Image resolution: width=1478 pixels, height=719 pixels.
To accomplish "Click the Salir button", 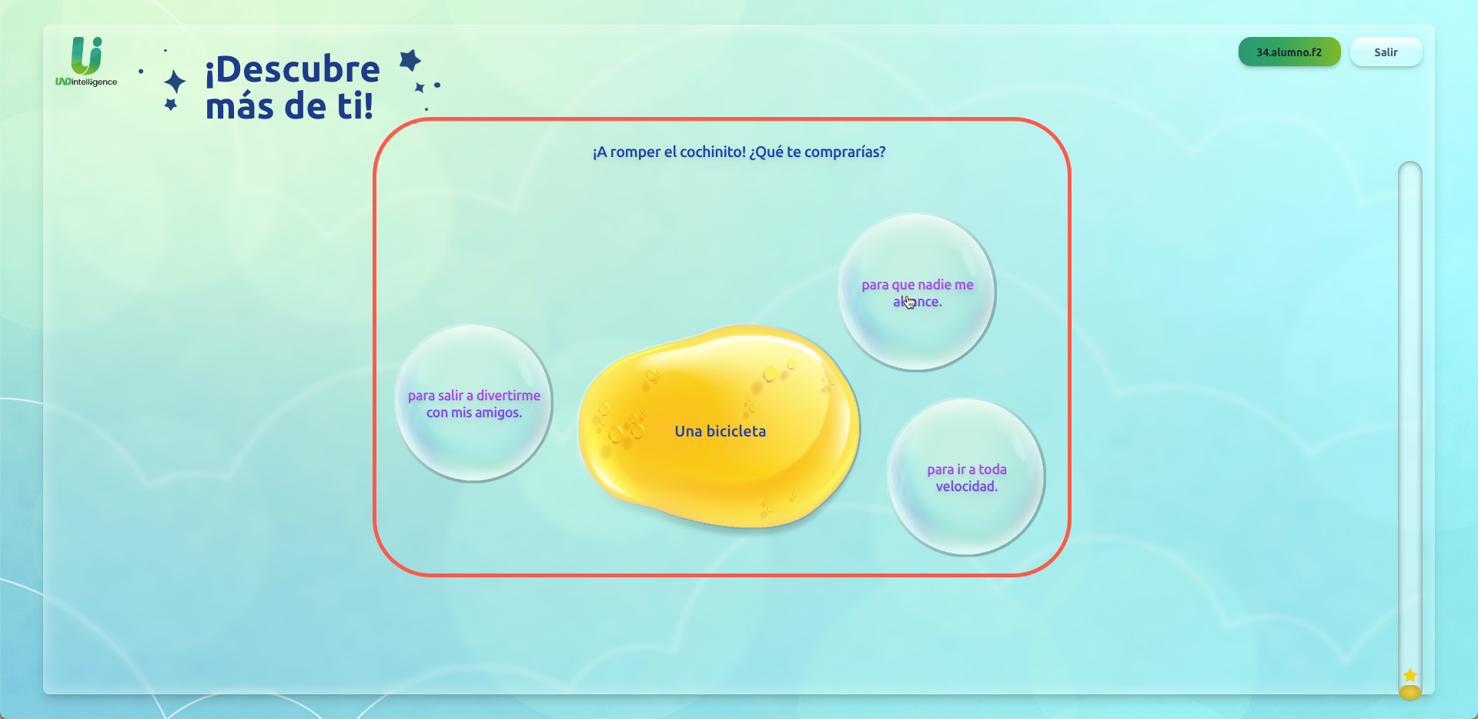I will (x=1386, y=52).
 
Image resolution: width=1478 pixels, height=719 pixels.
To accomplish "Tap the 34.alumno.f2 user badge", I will (x=1289, y=52).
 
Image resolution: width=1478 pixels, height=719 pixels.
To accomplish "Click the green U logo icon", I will (x=86, y=55).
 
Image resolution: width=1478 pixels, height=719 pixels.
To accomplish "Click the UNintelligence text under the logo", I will (x=86, y=82).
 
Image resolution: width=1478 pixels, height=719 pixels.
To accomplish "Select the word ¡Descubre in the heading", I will (x=293, y=69).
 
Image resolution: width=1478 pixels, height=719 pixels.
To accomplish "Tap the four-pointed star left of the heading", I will (x=176, y=82).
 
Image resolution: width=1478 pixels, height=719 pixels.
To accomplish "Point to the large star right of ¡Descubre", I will (x=410, y=59).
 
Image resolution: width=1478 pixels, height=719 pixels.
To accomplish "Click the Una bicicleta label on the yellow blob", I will (x=720, y=432).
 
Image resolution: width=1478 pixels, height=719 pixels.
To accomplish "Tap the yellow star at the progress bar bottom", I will (x=1409, y=675).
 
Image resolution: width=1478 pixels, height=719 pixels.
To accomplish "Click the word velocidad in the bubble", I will (x=966, y=487).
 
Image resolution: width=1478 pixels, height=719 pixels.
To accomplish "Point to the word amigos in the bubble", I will (x=498, y=413).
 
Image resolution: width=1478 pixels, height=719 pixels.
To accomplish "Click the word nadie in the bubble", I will (x=934, y=285).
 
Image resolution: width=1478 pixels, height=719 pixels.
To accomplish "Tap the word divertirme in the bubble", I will (x=508, y=396).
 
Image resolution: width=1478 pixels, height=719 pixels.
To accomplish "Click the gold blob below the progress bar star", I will (x=1409, y=693).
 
